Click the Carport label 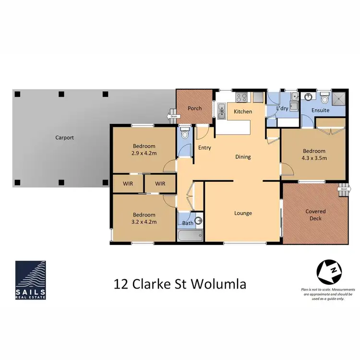(x=64, y=137)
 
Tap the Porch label (x=194, y=108)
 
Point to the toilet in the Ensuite (x=324, y=99)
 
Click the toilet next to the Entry (x=185, y=132)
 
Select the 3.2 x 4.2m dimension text (x=144, y=222)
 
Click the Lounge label (x=243, y=213)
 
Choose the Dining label (x=243, y=157)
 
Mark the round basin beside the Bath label (x=199, y=221)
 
